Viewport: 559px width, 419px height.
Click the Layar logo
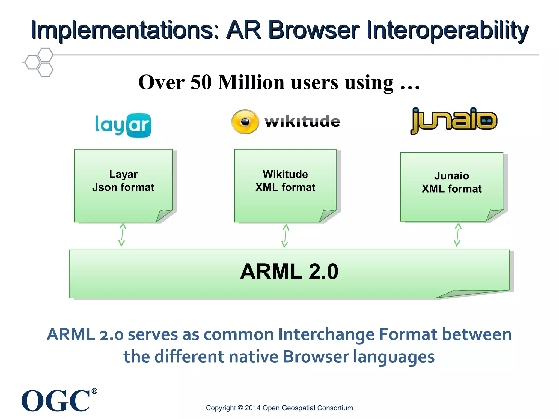123,125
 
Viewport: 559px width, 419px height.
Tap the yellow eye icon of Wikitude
245,122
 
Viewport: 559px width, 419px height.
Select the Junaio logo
454,121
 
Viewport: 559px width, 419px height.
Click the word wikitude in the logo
302,121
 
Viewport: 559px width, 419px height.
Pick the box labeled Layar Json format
123,185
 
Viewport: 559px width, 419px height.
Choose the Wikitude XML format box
285,185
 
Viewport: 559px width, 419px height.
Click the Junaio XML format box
451,187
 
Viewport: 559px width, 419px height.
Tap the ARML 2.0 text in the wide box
289,272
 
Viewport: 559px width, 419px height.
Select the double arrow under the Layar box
122,235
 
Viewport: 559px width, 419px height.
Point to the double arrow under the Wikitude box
285,236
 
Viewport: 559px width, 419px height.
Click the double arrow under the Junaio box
458,235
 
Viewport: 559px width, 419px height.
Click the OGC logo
56,400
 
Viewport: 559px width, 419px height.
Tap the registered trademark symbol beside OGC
94,391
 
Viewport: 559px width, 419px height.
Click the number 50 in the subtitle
201,82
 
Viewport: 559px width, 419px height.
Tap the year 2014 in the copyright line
253,408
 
